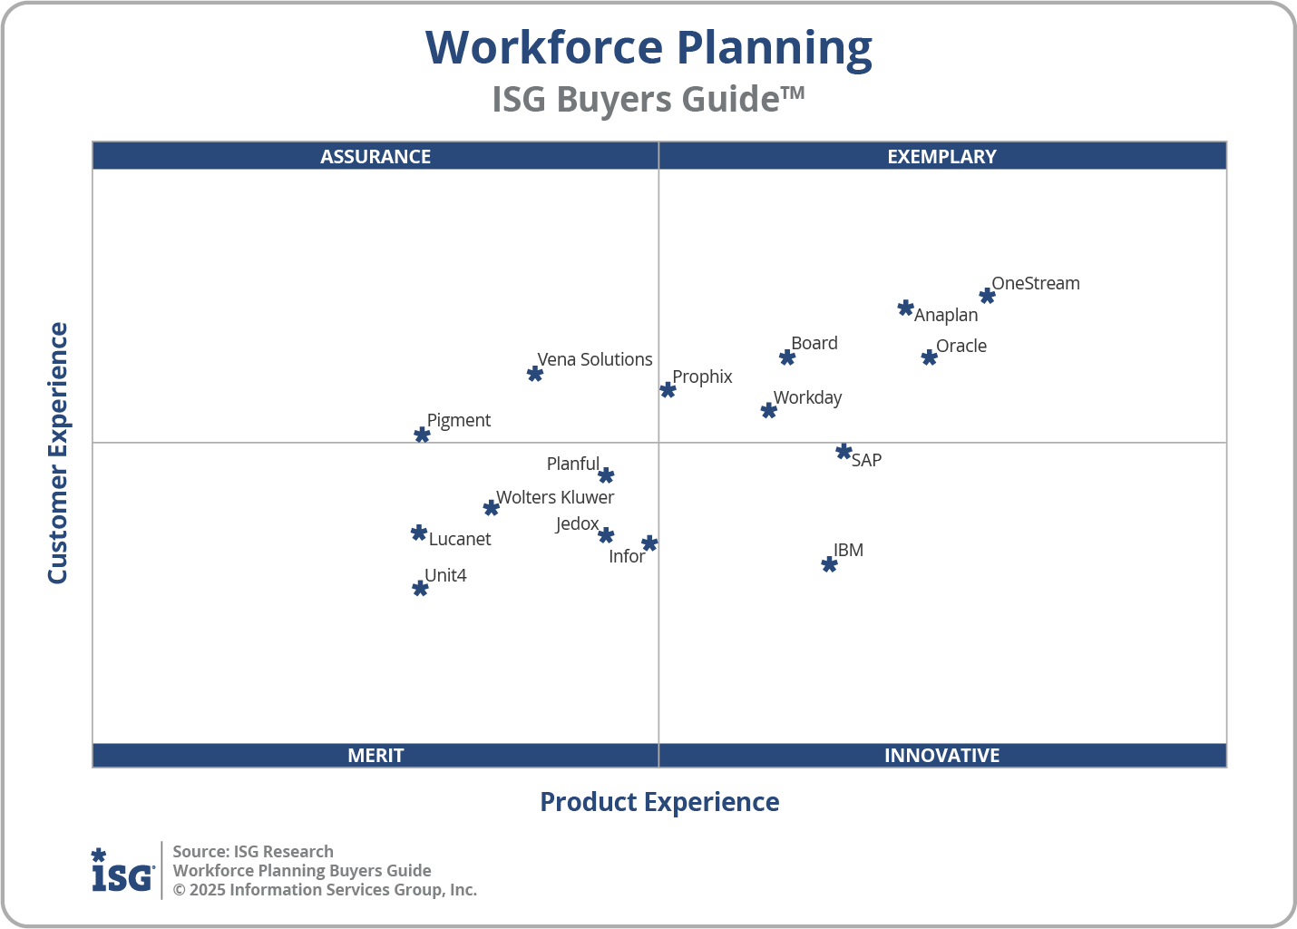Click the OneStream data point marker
(987, 296)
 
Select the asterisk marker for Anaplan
(905, 308)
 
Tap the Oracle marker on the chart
(929, 357)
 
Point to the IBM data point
(829, 564)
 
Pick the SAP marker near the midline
(844, 452)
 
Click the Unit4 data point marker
(420, 589)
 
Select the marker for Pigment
(422, 435)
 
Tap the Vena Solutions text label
(594, 359)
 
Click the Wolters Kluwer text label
(555, 497)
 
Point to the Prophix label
(702, 376)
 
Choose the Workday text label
(807, 397)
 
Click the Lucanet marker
(418, 533)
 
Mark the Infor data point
(649, 543)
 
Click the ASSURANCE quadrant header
(375, 156)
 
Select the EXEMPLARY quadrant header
(941, 156)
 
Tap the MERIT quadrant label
(375, 755)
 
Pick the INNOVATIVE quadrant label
(941, 755)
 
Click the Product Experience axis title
(659, 802)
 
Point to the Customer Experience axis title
(58, 454)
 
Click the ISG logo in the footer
(122, 871)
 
